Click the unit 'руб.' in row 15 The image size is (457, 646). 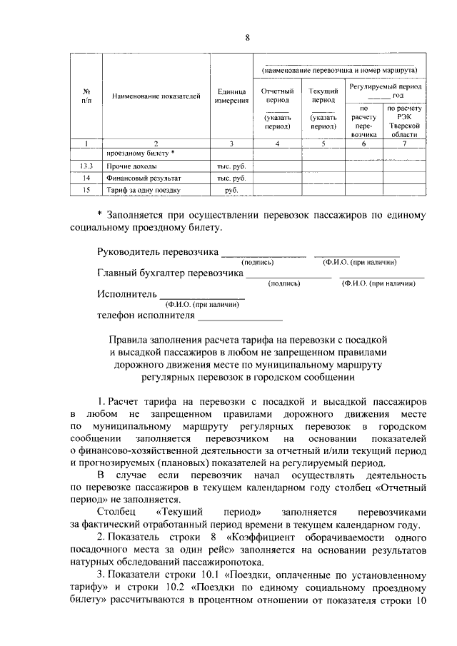click(x=231, y=191)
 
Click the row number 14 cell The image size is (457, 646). click(x=86, y=178)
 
